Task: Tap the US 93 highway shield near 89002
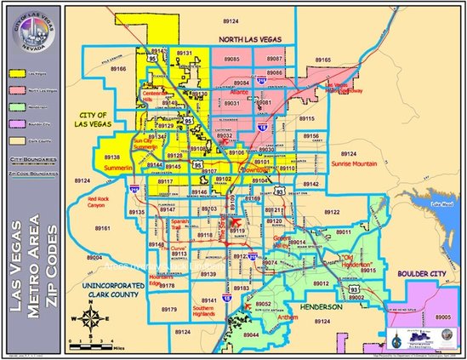point(352,289)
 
